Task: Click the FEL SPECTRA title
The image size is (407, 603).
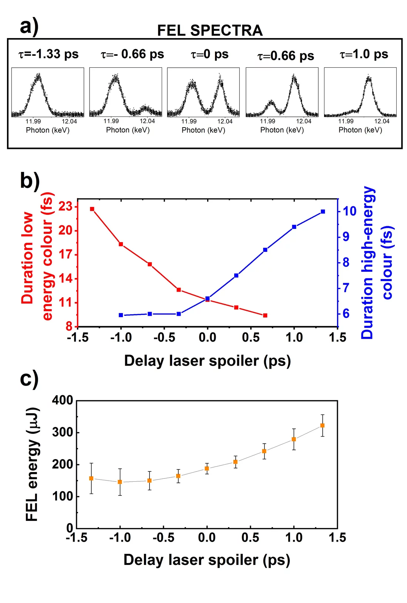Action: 210,30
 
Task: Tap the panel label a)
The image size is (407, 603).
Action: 29,27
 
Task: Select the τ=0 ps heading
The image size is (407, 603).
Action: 209,54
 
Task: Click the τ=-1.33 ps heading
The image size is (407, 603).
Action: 48,54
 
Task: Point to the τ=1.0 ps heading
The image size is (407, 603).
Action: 364,54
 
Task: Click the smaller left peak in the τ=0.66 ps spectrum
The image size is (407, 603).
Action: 271,102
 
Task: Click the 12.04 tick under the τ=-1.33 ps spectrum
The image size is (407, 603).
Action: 69,121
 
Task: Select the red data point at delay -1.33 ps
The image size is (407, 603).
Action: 92,209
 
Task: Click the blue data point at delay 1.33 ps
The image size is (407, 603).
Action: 323,211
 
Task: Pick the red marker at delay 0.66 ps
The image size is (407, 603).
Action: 265,315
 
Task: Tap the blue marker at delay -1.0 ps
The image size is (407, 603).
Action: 121,315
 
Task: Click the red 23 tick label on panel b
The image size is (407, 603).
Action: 65,206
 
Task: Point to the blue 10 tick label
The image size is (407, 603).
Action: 349,211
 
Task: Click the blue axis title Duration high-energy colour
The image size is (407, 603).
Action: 376,262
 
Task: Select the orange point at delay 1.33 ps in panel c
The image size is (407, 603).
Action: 322,426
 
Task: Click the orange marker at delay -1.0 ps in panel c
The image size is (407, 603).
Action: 120,482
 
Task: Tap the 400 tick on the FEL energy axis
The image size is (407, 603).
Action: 63,400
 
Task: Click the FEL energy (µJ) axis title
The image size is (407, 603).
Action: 32,464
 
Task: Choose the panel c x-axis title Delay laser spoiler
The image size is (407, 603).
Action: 206,560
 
